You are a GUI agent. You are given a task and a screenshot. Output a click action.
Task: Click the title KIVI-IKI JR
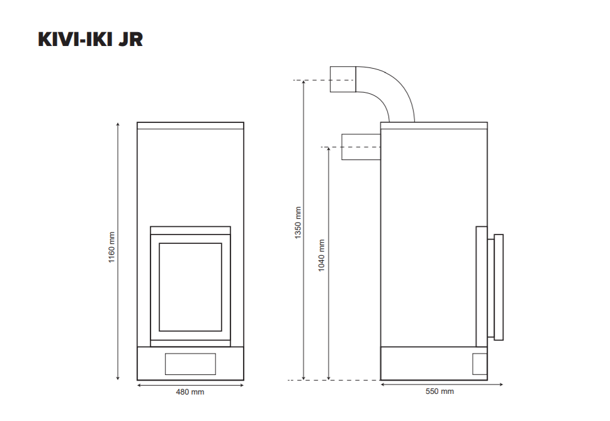tap(91, 39)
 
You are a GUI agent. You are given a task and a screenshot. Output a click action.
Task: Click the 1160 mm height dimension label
tap(112, 247)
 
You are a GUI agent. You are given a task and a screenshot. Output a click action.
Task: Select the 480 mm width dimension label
tap(189, 392)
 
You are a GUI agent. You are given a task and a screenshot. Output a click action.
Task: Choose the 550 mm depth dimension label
tap(439, 391)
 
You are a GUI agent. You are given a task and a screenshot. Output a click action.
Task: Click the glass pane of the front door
tap(190, 287)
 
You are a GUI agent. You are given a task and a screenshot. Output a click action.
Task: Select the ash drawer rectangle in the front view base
tap(190, 364)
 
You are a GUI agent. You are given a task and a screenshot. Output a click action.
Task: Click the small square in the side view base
tap(480, 364)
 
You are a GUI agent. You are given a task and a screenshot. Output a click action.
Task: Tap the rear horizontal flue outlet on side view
tap(361, 147)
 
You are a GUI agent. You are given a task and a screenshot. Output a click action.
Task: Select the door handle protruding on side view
tap(499, 286)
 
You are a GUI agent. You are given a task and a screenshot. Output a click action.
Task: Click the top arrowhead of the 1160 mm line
tap(118, 125)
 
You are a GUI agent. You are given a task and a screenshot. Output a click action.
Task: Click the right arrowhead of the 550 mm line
tap(501, 383)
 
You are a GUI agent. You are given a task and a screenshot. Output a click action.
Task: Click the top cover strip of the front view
tap(190, 125)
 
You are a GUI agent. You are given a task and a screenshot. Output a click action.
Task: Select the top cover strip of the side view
tap(434, 125)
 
